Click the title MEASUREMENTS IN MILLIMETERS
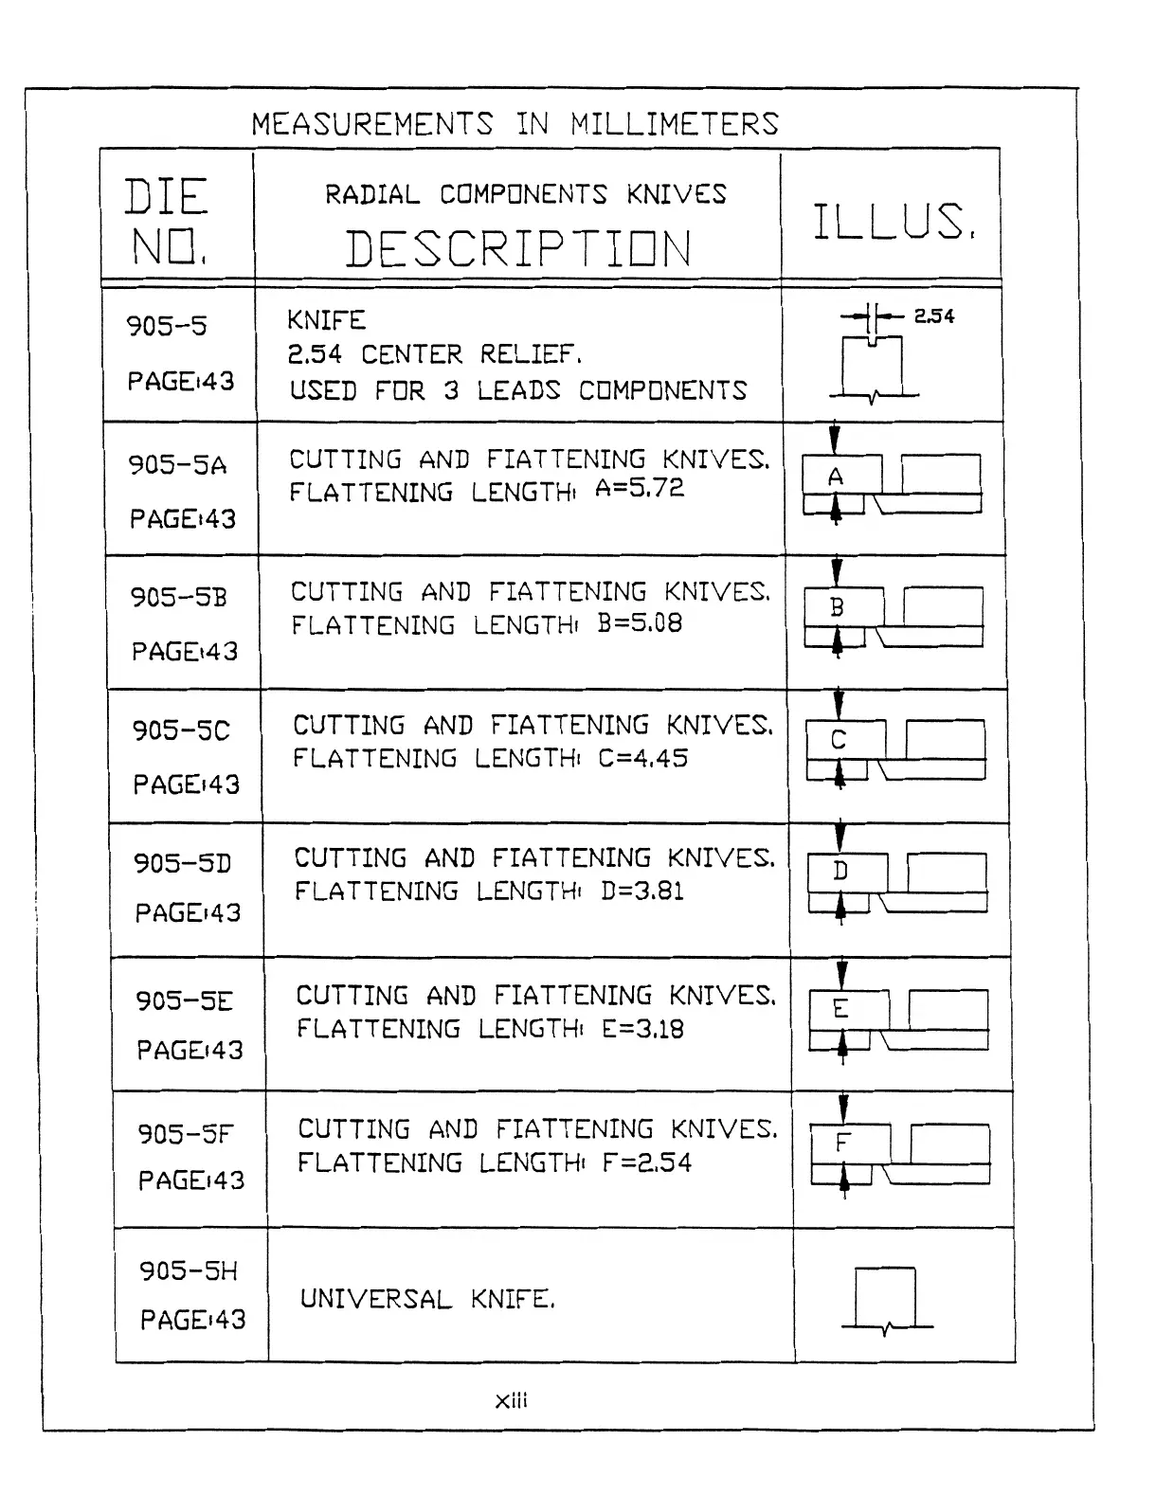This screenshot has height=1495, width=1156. coord(515,124)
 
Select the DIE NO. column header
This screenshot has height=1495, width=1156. coord(167,222)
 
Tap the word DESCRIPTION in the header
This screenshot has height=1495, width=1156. coord(517,249)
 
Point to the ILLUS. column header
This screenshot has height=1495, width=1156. coord(893,222)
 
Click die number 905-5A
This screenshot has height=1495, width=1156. coord(177,464)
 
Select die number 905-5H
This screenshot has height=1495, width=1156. coord(188,1270)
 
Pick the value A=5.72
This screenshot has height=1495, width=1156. coord(639,489)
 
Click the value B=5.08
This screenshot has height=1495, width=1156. coord(640,623)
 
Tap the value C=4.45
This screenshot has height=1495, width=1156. coord(642,758)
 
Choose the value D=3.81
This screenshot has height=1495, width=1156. coord(642,891)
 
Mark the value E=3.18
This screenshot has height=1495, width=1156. coord(642,1029)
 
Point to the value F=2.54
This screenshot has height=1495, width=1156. coord(646,1162)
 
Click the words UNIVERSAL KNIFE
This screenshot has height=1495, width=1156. coord(426,1299)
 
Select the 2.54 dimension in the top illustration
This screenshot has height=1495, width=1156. coord(933,316)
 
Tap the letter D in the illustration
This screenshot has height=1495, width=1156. coord(840,871)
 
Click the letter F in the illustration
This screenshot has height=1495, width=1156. coord(841,1143)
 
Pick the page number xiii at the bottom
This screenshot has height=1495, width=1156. coord(511,1400)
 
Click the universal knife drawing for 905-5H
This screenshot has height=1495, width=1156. coord(886,1300)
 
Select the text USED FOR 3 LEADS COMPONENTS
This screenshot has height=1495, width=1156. coord(517,390)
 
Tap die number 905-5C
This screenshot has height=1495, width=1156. coord(180,730)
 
